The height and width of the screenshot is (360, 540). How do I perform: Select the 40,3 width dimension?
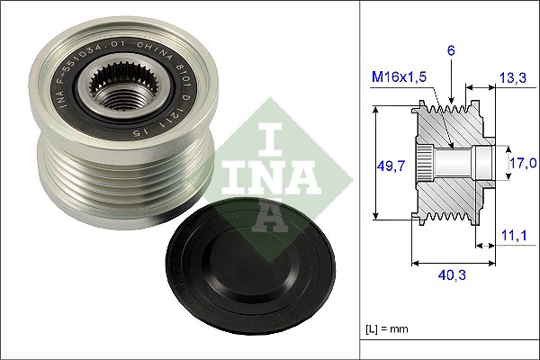pos(454,276)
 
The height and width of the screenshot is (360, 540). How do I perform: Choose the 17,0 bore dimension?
pos(521,163)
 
